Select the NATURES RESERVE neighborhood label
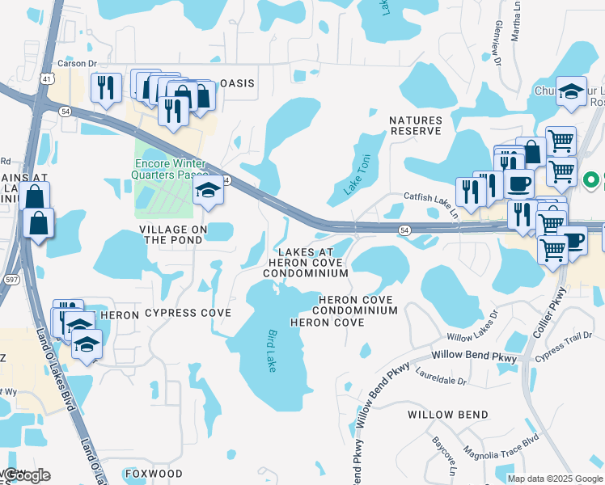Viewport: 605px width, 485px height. (x=416, y=126)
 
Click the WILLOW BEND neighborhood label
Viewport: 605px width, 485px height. (x=447, y=415)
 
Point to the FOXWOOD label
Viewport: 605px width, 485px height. (x=154, y=474)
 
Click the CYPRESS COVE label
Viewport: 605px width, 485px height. (x=188, y=313)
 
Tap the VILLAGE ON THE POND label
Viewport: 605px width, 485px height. (x=173, y=234)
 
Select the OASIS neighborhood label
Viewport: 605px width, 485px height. (x=238, y=83)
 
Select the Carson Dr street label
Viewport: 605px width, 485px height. (x=77, y=64)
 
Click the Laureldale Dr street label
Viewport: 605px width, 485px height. (x=441, y=376)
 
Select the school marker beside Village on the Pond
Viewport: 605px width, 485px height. (x=208, y=192)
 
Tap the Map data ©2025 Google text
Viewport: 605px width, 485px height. (x=554, y=479)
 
